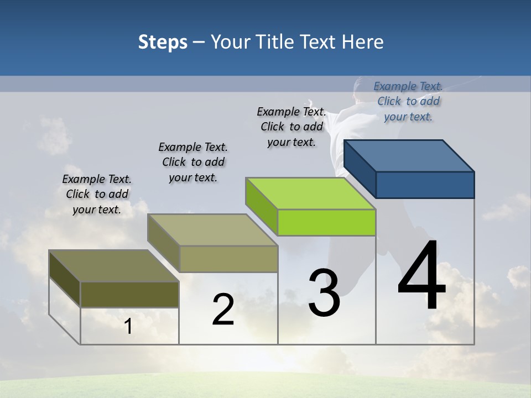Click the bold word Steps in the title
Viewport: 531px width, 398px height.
click(163, 42)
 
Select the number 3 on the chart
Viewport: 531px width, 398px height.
click(324, 293)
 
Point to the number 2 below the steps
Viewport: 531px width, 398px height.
click(223, 310)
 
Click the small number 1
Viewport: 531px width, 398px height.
click(128, 327)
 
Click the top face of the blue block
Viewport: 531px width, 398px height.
click(409, 155)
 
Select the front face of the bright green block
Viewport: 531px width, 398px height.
click(326, 223)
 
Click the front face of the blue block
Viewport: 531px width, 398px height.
click(425, 185)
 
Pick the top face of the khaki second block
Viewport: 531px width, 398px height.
click(212, 229)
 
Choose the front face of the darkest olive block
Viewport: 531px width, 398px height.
click(129, 294)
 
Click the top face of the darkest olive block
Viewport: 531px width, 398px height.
click(114, 265)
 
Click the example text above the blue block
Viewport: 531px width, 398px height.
click(408, 101)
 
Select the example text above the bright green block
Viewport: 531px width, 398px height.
click(291, 127)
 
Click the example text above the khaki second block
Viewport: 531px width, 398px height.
click(193, 162)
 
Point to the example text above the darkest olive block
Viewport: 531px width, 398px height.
click(97, 194)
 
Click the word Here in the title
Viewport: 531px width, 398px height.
click(363, 42)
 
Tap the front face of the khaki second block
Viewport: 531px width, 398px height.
click(228, 259)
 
